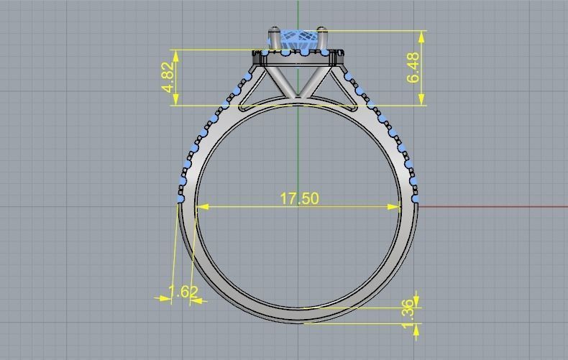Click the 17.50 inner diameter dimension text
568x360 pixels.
click(299, 198)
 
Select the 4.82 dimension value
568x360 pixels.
click(168, 77)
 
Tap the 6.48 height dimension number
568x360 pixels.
click(413, 68)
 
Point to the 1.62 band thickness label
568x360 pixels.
click(183, 292)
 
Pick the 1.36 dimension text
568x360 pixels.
click(408, 316)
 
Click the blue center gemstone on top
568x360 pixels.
click(297, 40)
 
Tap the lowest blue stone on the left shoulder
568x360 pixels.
click(180, 198)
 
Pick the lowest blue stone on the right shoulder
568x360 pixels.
click(415, 198)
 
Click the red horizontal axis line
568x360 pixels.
click(496, 207)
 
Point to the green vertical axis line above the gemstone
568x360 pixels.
click(298, 13)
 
